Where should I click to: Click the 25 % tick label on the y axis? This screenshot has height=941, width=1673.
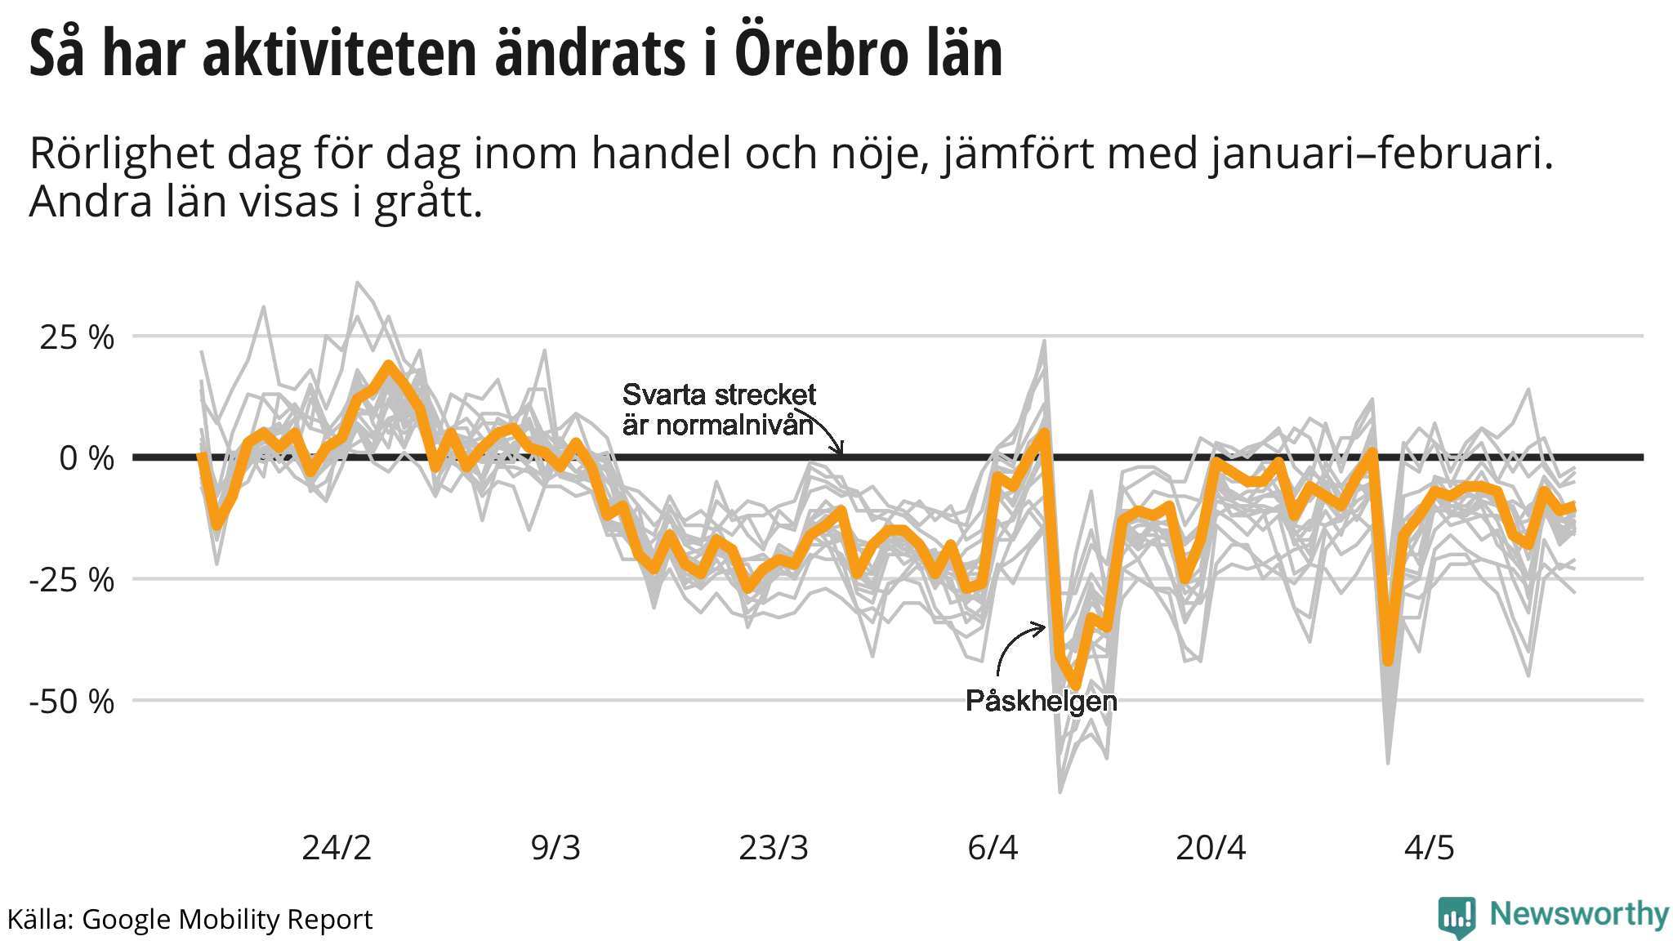click(77, 337)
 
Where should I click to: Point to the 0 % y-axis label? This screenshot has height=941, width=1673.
click(87, 458)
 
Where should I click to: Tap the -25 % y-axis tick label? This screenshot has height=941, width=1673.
click(72, 580)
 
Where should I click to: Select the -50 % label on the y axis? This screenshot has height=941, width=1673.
click(72, 702)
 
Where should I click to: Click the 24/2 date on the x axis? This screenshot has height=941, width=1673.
click(337, 848)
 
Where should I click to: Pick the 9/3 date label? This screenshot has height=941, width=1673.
click(555, 848)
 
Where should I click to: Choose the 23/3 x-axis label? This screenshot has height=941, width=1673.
click(774, 848)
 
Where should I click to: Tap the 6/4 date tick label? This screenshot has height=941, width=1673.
click(993, 848)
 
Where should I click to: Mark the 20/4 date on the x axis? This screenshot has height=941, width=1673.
click(1211, 848)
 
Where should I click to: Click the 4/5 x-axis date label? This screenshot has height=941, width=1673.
click(1430, 848)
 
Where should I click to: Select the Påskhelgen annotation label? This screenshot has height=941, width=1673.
click(1041, 701)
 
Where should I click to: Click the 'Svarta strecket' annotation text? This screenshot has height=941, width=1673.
click(719, 395)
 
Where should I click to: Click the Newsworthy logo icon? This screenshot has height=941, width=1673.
click(1457, 917)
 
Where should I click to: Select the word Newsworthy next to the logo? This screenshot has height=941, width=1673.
click(1579, 914)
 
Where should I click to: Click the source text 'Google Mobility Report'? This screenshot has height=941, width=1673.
click(227, 920)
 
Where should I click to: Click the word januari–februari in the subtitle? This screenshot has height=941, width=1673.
click(1381, 153)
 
